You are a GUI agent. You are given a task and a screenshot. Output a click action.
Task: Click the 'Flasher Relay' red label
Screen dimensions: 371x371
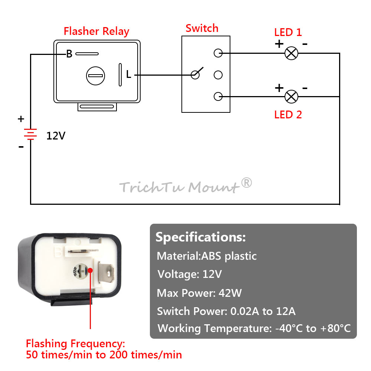pyautogui.click(x=96, y=31)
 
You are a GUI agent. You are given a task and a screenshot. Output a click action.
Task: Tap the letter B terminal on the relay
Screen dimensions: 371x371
pyautogui.click(x=69, y=54)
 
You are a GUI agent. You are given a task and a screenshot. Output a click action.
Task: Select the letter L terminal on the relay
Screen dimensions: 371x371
pyautogui.click(x=128, y=74)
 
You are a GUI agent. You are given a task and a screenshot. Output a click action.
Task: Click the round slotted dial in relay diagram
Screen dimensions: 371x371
pyautogui.click(x=96, y=76)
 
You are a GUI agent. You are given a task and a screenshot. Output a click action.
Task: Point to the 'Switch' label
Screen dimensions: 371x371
pyautogui.click(x=202, y=28)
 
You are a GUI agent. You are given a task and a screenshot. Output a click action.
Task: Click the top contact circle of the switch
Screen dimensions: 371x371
pyautogui.click(x=218, y=53)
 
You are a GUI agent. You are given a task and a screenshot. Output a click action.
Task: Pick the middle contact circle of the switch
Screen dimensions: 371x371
pyautogui.click(x=218, y=75)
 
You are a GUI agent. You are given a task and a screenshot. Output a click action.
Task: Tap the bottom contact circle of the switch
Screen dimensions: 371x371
pyautogui.click(x=218, y=96)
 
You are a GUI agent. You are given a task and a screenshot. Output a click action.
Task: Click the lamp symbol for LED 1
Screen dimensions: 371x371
pyautogui.click(x=291, y=53)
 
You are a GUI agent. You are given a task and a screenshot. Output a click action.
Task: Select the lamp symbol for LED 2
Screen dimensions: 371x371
pyautogui.click(x=291, y=96)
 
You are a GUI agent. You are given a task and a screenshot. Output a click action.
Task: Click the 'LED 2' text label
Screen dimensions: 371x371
pyautogui.click(x=288, y=115)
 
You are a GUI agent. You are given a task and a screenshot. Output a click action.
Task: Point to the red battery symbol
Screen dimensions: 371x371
pyautogui.click(x=30, y=134)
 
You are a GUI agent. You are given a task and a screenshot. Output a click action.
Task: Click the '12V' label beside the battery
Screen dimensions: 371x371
pyautogui.click(x=56, y=136)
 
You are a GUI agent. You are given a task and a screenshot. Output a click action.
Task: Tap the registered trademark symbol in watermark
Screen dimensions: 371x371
pyautogui.click(x=247, y=183)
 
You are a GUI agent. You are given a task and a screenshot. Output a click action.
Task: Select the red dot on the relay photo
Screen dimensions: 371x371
pyautogui.click(x=91, y=270)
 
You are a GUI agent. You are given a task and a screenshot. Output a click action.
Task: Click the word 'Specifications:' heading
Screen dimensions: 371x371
pyautogui.click(x=201, y=237)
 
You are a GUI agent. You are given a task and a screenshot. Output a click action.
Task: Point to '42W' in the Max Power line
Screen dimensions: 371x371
pyautogui.click(x=230, y=293)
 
